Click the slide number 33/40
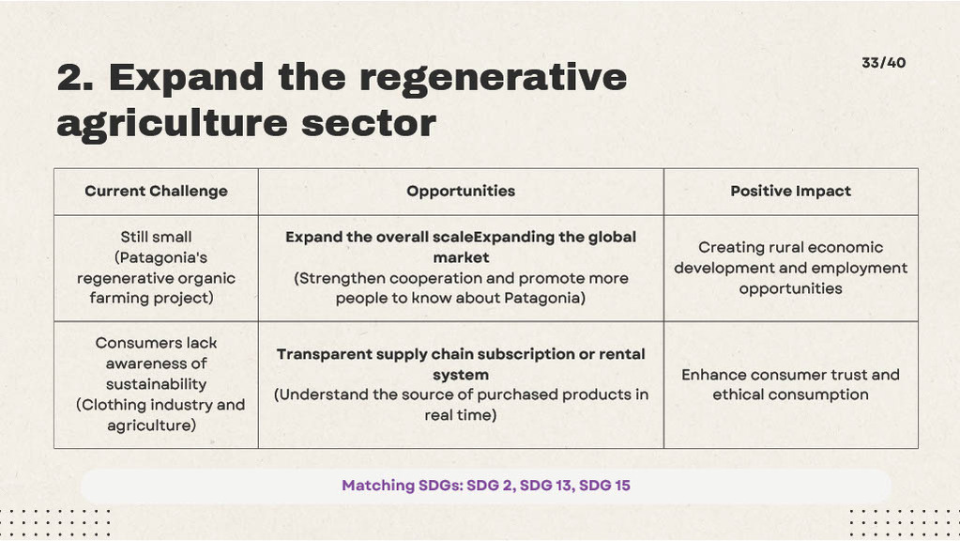coord(883,63)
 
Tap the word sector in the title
coord(369,124)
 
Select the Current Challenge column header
coord(156,192)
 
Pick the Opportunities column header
coord(461,192)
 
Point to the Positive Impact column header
coord(790,192)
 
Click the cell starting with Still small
coord(156,268)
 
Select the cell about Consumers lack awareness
coord(156,384)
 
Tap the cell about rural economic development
coord(790,268)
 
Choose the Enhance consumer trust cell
coord(790,385)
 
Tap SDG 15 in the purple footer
coord(604,486)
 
